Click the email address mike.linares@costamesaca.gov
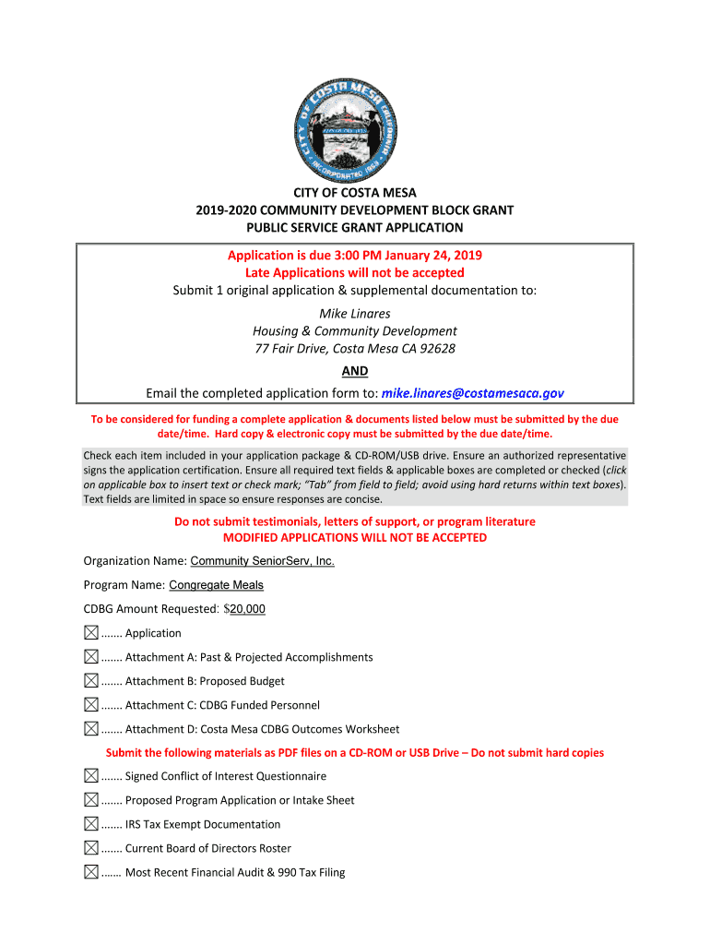click(x=473, y=394)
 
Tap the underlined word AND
click(x=355, y=371)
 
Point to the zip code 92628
click(x=436, y=349)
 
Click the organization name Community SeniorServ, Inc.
click(x=263, y=561)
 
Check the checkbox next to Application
click(x=90, y=633)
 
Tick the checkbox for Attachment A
click(x=90, y=657)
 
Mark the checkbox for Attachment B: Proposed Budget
click(x=90, y=681)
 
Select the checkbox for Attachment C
click(x=90, y=705)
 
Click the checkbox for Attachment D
click(x=90, y=729)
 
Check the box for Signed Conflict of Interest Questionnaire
click(x=90, y=776)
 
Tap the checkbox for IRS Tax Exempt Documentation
click(x=90, y=824)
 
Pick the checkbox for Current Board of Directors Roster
click(x=90, y=848)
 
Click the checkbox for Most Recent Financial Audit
click(x=90, y=872)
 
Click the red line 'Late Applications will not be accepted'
click(x=355, y=273)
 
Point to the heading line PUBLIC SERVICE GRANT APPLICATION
click(x=355, y=227)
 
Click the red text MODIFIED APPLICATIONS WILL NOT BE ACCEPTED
click(x=355, y=538)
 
